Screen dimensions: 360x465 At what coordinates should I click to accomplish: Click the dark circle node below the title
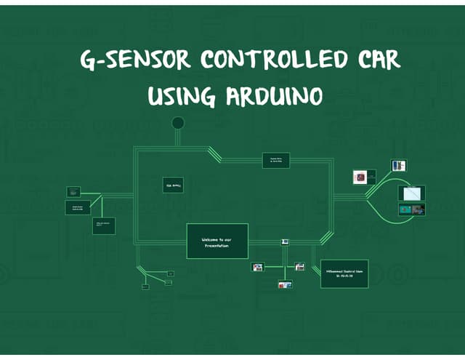click(178, 122)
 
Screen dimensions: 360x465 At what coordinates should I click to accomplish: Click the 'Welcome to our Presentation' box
click(217, 241)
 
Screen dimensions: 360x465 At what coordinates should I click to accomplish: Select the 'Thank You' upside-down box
click(173, 185)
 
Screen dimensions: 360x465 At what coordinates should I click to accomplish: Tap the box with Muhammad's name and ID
click(344, 273)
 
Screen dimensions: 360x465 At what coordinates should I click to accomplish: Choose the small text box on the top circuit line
click(275, 161)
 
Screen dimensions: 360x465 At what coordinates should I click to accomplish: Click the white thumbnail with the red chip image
click(360, 177)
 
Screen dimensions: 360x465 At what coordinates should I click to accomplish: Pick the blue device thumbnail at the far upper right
click(399, 165)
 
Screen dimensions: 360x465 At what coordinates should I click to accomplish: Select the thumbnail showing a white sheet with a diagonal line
click(411, 193)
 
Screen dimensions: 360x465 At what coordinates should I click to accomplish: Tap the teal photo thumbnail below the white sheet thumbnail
click(411, 209)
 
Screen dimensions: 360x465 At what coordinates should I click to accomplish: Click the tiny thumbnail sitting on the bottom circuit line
click(286, 241)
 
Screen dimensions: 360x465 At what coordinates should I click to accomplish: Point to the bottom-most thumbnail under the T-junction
click(285, 284)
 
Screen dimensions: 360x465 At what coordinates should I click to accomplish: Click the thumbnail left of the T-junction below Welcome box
click(258, 268)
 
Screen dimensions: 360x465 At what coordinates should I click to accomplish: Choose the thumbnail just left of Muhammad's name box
click(299, 267)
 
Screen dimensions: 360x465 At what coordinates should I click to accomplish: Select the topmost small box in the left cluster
click(73, 191)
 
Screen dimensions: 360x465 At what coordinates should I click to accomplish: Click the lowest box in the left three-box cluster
click(103, 225)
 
